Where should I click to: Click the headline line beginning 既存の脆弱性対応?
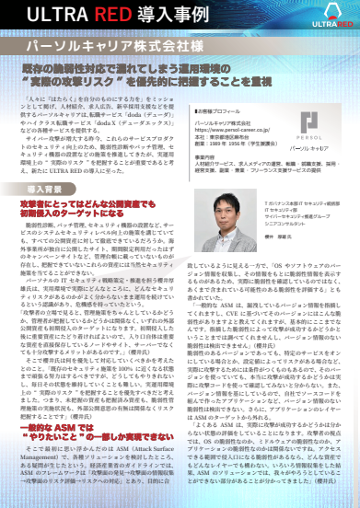[180, 68]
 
